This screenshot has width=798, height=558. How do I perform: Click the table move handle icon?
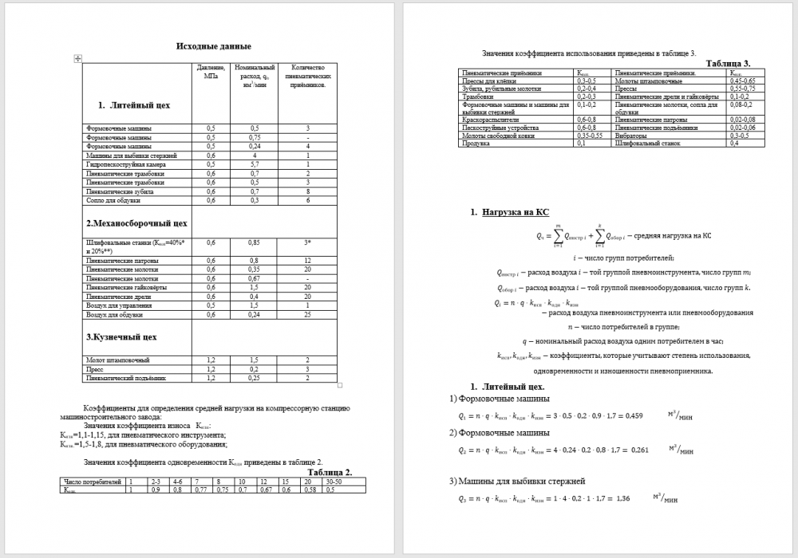pos(77,58)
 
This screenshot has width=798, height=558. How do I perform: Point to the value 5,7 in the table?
pos(254,163)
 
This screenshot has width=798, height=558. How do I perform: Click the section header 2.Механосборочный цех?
pos(136,223)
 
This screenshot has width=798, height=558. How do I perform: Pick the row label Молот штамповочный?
pos(117,360)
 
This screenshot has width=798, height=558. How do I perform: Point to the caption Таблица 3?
pos(729,63)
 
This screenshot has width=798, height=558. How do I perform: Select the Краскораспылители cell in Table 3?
pos(488,120)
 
